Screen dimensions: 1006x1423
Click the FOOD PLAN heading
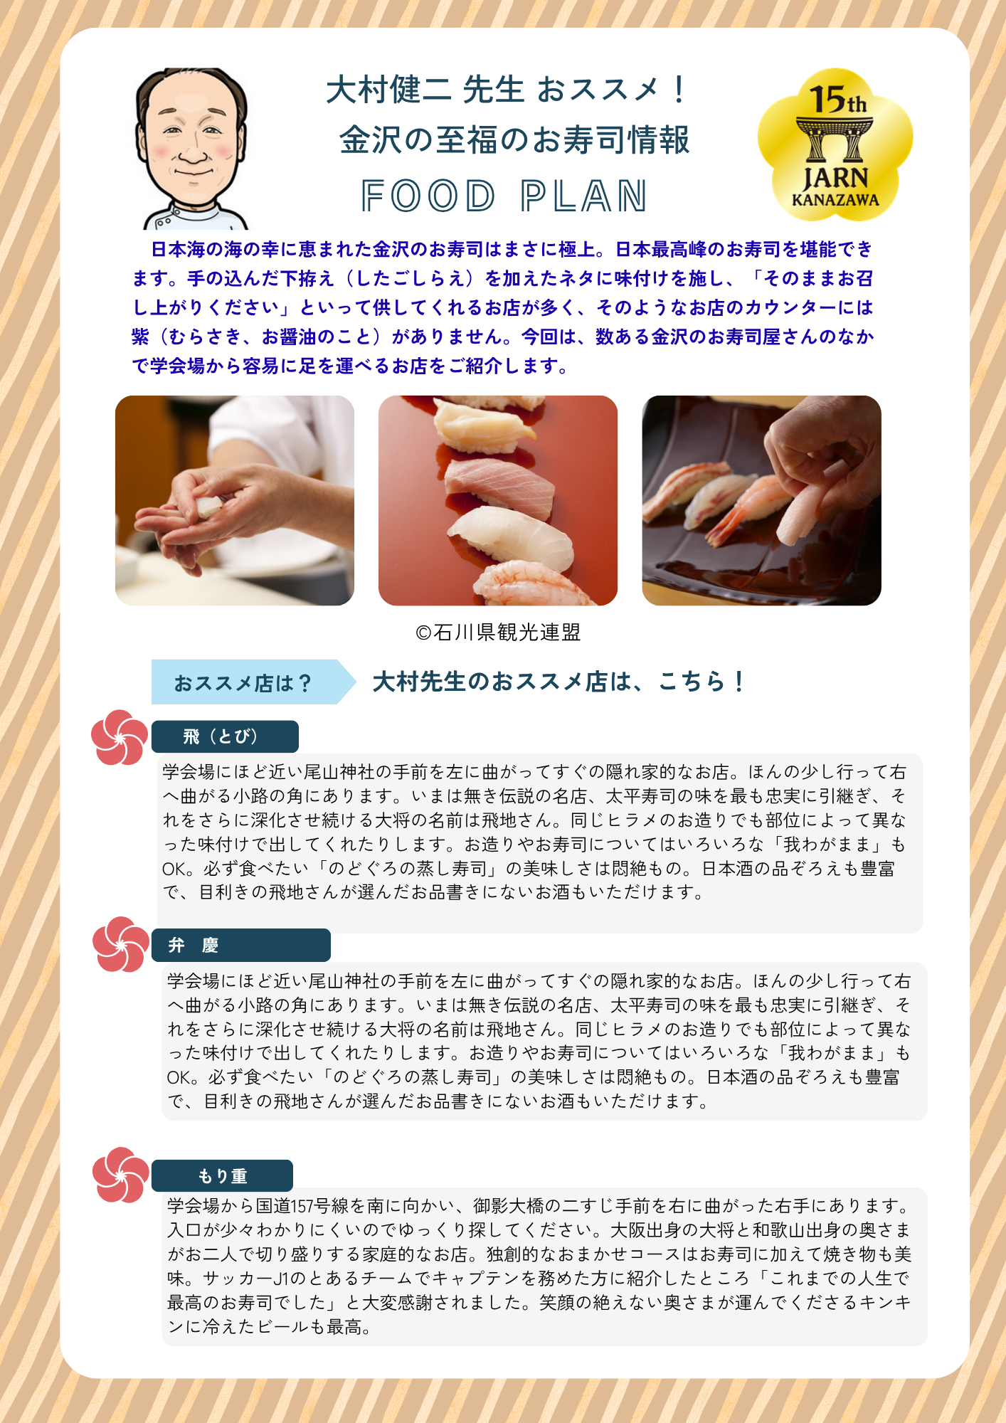pos(504,196)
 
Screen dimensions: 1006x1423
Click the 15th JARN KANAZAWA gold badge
pos(835,144)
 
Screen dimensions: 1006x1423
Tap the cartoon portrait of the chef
pos(191,149)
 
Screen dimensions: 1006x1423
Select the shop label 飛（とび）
pos(225,736)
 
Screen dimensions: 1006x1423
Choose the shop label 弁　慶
pos(241,945)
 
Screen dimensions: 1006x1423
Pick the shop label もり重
pos(222,1175)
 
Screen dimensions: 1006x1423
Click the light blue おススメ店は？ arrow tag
pos(253,682)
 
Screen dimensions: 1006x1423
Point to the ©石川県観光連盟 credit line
pos(498,632)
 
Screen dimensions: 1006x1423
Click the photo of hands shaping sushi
pos(235,500)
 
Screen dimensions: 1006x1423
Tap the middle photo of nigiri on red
pos(498,500)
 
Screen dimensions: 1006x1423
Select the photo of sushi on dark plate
pos(761,500)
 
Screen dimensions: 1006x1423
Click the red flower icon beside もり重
pos(121,1175)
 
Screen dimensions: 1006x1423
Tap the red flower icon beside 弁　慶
pos(121,944)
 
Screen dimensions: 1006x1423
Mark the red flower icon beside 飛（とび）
pos(120,737)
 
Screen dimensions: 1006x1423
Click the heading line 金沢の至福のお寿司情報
pos(514,139)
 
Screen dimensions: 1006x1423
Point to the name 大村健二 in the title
pos(388,90)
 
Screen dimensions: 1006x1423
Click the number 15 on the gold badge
pos(827,100)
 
